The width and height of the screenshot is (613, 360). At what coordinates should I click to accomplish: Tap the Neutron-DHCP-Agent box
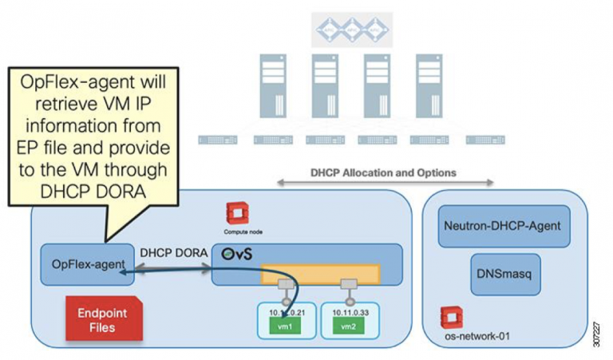point(500,226)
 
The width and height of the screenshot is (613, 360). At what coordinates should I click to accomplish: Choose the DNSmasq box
point(500,271)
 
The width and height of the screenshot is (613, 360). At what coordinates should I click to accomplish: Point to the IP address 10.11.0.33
point(348,312)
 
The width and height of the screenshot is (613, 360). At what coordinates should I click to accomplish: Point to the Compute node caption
point(243,231)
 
